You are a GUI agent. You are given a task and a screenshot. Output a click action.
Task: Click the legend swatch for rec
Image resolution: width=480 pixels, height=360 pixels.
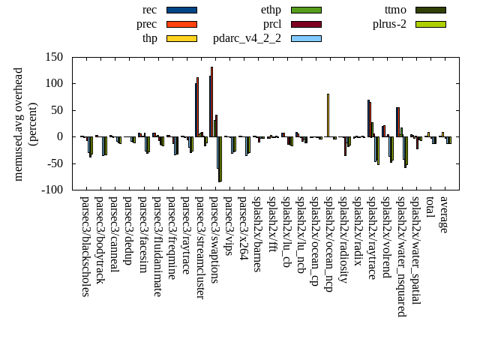(181, 10)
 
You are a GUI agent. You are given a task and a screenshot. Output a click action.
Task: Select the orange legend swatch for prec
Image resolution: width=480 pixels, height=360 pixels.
(181, 24)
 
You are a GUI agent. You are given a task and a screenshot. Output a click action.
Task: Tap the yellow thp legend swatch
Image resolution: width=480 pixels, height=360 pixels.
(181, 38)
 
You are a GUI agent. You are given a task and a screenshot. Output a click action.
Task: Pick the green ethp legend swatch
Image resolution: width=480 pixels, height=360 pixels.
(306, 10)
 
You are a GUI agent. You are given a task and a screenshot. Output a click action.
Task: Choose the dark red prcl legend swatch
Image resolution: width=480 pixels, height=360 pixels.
(306, 24)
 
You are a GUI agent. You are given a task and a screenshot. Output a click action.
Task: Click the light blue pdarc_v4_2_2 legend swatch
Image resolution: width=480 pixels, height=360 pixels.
(306, 38)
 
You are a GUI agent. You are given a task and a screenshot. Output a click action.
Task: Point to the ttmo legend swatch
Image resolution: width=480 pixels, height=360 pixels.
(430, 10)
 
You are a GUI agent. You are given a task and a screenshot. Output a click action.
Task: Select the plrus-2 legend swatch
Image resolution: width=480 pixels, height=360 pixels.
(430, 24)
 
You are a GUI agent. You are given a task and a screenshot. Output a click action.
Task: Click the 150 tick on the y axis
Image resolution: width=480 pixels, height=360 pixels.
(54, 57)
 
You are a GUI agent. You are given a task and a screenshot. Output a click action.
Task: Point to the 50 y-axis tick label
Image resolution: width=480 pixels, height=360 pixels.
(57, 110)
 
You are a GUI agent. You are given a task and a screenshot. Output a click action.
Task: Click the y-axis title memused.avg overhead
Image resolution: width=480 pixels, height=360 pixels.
(19, 124)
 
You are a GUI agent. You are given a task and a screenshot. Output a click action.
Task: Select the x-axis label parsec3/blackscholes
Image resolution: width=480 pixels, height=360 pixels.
(85, 246)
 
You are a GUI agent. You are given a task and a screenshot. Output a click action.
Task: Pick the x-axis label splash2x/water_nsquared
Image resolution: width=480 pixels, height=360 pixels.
(401, 251)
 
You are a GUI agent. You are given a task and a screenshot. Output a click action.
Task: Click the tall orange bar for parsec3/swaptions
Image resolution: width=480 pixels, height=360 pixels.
(212, 102)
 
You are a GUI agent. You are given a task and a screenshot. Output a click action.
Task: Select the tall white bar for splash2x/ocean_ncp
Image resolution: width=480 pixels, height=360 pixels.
(328, 115)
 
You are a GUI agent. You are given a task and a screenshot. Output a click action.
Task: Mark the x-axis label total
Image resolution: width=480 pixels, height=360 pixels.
(430, 208)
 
